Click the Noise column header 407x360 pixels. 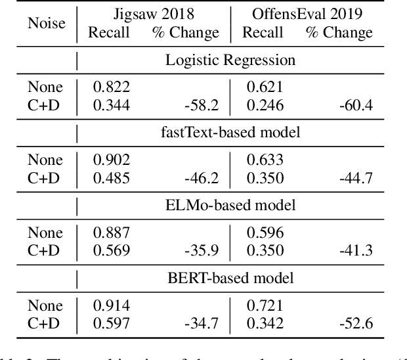pos(46,23)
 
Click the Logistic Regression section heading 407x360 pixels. pos(230,60)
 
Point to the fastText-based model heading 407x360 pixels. pos(230,133)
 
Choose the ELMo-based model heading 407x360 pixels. pos(230,205)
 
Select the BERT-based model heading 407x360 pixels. pos(230,278)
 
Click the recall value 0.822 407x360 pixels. pos(112,87)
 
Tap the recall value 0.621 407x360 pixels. pos(265,87)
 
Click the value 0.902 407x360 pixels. pos(112,160)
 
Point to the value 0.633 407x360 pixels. pos(265,160)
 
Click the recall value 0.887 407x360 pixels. pos(112,233)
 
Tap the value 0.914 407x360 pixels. pos(112,305)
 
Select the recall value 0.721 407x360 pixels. pos(265,305)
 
